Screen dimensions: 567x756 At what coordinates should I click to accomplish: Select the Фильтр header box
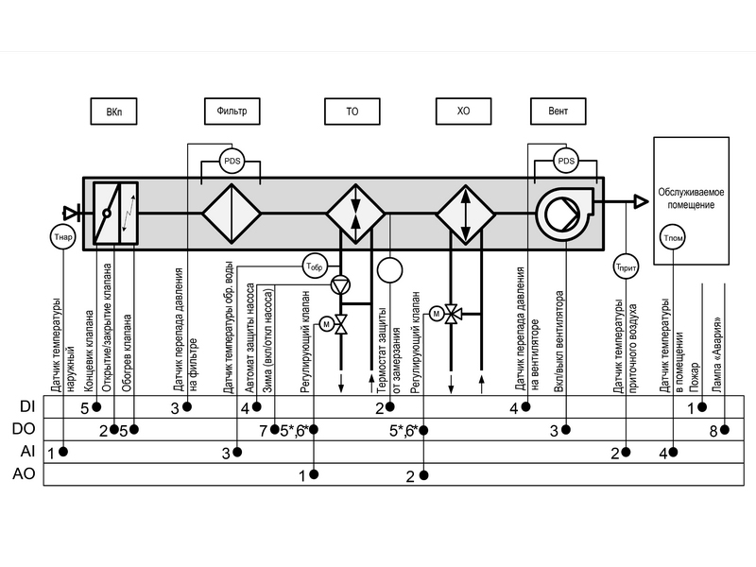pos(232,111)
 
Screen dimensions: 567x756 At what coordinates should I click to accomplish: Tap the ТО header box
pos(352,111)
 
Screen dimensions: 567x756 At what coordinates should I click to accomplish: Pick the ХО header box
pos(463,111)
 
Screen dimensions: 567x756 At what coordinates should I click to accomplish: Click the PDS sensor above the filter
pos(232,161)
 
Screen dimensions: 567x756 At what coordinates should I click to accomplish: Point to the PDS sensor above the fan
pos(565,161)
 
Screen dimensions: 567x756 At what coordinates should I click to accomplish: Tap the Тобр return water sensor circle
pos(316,266)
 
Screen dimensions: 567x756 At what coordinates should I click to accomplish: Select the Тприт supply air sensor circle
pos(625,266)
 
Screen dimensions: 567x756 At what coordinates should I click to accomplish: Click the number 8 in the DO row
pos(713,431)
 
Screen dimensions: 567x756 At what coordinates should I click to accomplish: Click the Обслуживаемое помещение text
pos(694,197)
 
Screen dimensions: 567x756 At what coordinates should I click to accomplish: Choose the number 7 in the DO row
pos(264,431)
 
